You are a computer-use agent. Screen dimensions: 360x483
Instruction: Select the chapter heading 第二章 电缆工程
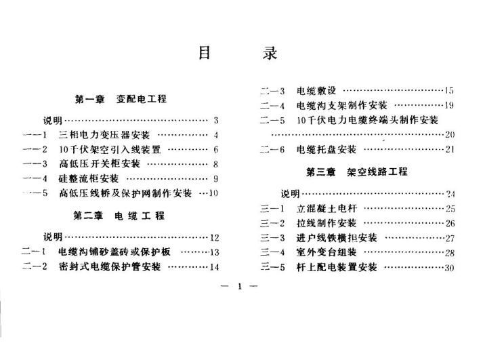119,216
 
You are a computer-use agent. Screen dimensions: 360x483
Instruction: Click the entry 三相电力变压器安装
104,135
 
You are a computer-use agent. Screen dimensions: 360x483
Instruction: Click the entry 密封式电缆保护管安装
110,266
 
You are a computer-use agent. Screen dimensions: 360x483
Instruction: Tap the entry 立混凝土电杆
327,208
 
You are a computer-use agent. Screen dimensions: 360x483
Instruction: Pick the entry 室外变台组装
327,252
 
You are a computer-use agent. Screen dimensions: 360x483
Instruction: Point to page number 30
448,268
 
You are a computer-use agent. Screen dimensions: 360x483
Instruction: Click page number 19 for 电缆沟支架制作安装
448,105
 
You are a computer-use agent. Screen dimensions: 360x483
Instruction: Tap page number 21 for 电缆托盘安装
448,150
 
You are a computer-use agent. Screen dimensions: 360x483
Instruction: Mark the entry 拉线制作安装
327,223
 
